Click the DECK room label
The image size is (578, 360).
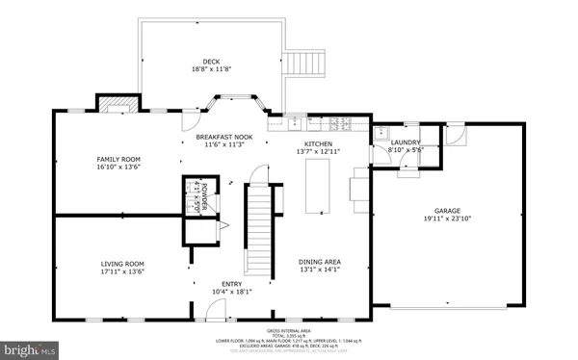[210, 63]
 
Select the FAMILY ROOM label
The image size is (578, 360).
[119, 158]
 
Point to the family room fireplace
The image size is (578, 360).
[114, 104]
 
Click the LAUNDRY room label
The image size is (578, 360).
[404, 142]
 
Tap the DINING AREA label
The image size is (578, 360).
[321, 263]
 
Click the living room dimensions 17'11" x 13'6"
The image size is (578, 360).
[122, 271]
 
